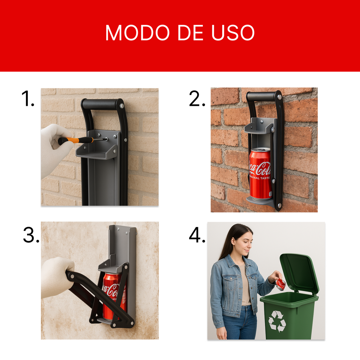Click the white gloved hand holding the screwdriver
click(x=54, y=149)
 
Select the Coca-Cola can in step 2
click(x=260, y=173)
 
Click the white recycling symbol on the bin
click(x=277, y=321)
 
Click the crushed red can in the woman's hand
click(x=281, y=284)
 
